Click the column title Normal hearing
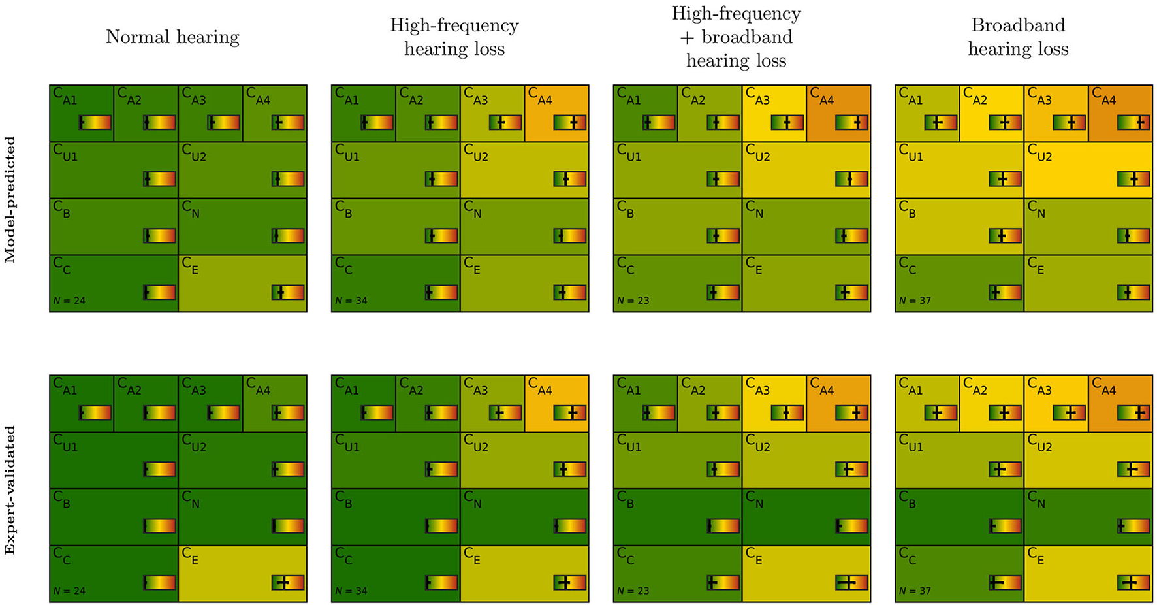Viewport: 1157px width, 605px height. [172, 37]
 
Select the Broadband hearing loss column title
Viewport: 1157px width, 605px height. [1018, 37]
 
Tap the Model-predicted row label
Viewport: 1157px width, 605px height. [10, 200]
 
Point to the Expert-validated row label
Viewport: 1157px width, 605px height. [10, 490]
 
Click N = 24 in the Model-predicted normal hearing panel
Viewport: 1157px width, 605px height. [70, 301]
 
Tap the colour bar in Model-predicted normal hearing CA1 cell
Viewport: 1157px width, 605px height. [95, 122]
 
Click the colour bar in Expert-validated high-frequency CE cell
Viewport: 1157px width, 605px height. [570, 583]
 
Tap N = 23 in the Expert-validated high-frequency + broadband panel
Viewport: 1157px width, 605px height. [633, 591]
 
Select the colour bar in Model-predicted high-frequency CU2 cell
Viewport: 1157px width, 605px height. [570, 178]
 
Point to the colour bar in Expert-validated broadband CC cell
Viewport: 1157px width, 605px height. [1005, 583]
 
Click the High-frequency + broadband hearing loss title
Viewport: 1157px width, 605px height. [736, 37]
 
